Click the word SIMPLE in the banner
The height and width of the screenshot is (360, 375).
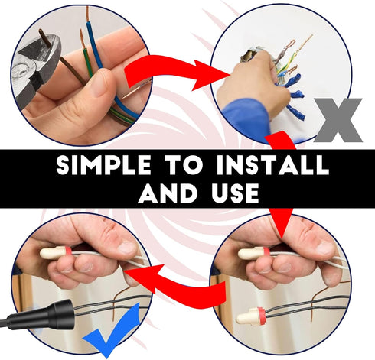103,165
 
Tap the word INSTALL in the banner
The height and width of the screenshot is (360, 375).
272,165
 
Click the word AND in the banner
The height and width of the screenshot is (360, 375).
168,193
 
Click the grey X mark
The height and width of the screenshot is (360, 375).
338,120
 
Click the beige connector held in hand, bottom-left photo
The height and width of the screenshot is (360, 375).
56,252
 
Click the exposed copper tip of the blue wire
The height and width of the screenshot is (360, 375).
87,14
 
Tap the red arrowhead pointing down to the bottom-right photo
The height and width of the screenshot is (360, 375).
282,223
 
